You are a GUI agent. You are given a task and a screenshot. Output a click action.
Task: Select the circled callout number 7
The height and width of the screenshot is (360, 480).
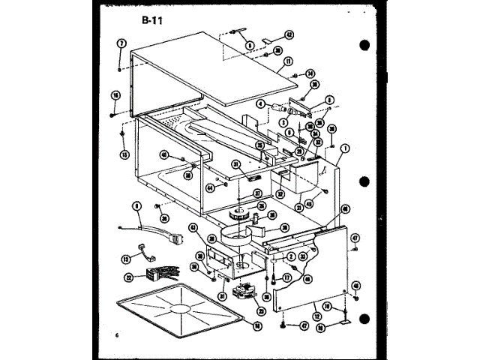click(x=120, y=43)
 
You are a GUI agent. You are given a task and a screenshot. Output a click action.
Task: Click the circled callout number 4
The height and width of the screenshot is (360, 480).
click(x=262, y=104)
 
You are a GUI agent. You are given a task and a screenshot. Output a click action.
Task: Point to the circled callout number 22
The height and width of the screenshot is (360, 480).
click(x=129, y=277)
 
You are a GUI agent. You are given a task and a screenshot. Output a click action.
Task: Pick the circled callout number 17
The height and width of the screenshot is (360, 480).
click(x=286, y=277)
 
